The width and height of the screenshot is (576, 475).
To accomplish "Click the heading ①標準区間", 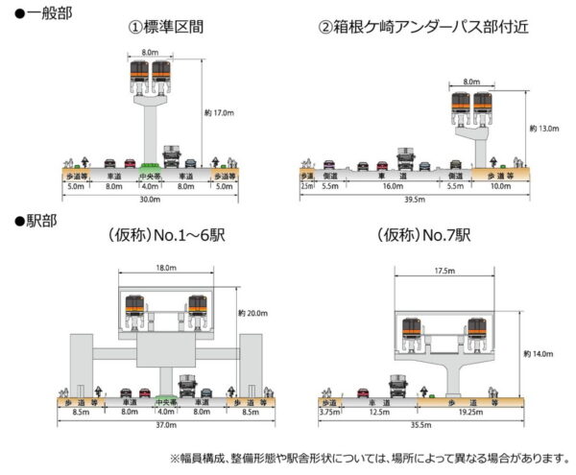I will (x=164, y=26).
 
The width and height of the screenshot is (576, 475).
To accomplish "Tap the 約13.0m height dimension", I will (x=545, y=128).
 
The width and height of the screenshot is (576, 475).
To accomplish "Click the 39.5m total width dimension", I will (x=416, y=200).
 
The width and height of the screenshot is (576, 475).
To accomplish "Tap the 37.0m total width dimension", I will (x=164, y=424).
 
